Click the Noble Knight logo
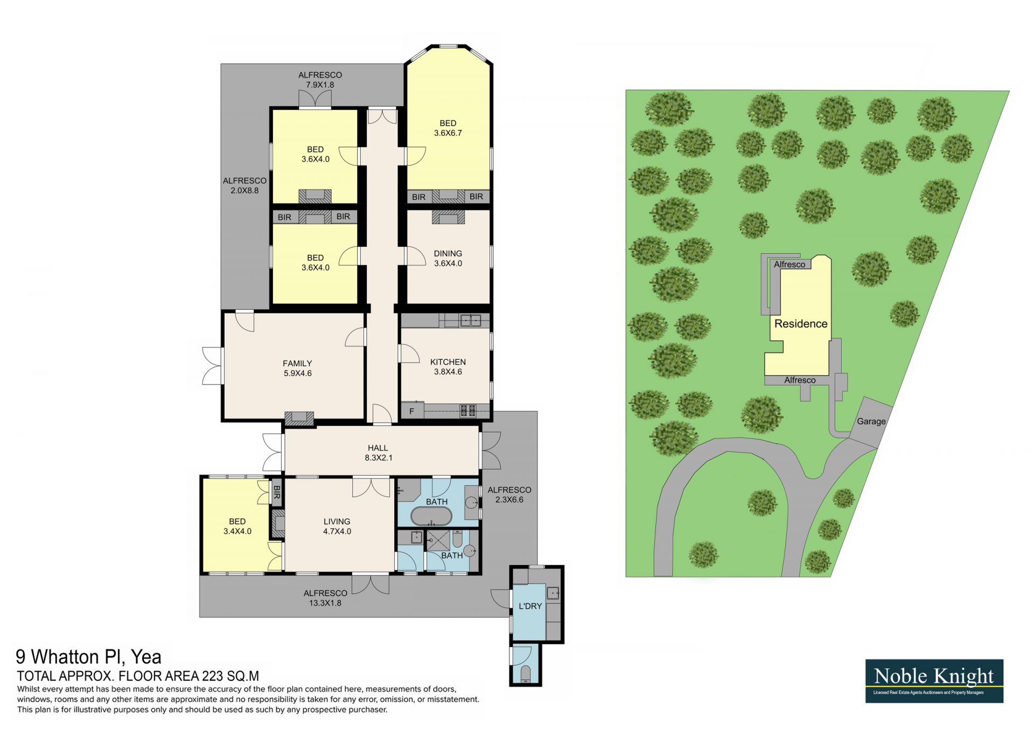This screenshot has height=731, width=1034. (x=934, y=681)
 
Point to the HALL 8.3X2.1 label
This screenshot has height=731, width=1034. (x=378, y=453)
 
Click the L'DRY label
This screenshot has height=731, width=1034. (x=530, y=606)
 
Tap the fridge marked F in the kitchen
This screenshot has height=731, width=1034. (x=412, y=411)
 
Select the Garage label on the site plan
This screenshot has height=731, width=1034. (x=871, y=421)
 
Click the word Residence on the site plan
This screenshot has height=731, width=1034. (x=801, y=324)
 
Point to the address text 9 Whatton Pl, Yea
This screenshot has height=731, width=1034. (x=88, y=657)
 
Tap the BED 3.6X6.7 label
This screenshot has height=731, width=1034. (x=448, y=128)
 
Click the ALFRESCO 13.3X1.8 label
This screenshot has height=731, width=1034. (x=325, y=598)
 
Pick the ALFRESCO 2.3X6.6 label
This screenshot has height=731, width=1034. (x=509, y=495)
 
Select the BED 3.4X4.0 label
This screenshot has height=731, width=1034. (x=237, y=526)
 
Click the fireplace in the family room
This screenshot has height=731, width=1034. (x=299, y=419)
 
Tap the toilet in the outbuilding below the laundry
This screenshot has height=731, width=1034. (x=526, y=673)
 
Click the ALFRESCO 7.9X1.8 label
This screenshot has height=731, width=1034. (x=320, y=80)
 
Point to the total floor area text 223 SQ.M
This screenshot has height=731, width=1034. (x=230, y=676)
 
